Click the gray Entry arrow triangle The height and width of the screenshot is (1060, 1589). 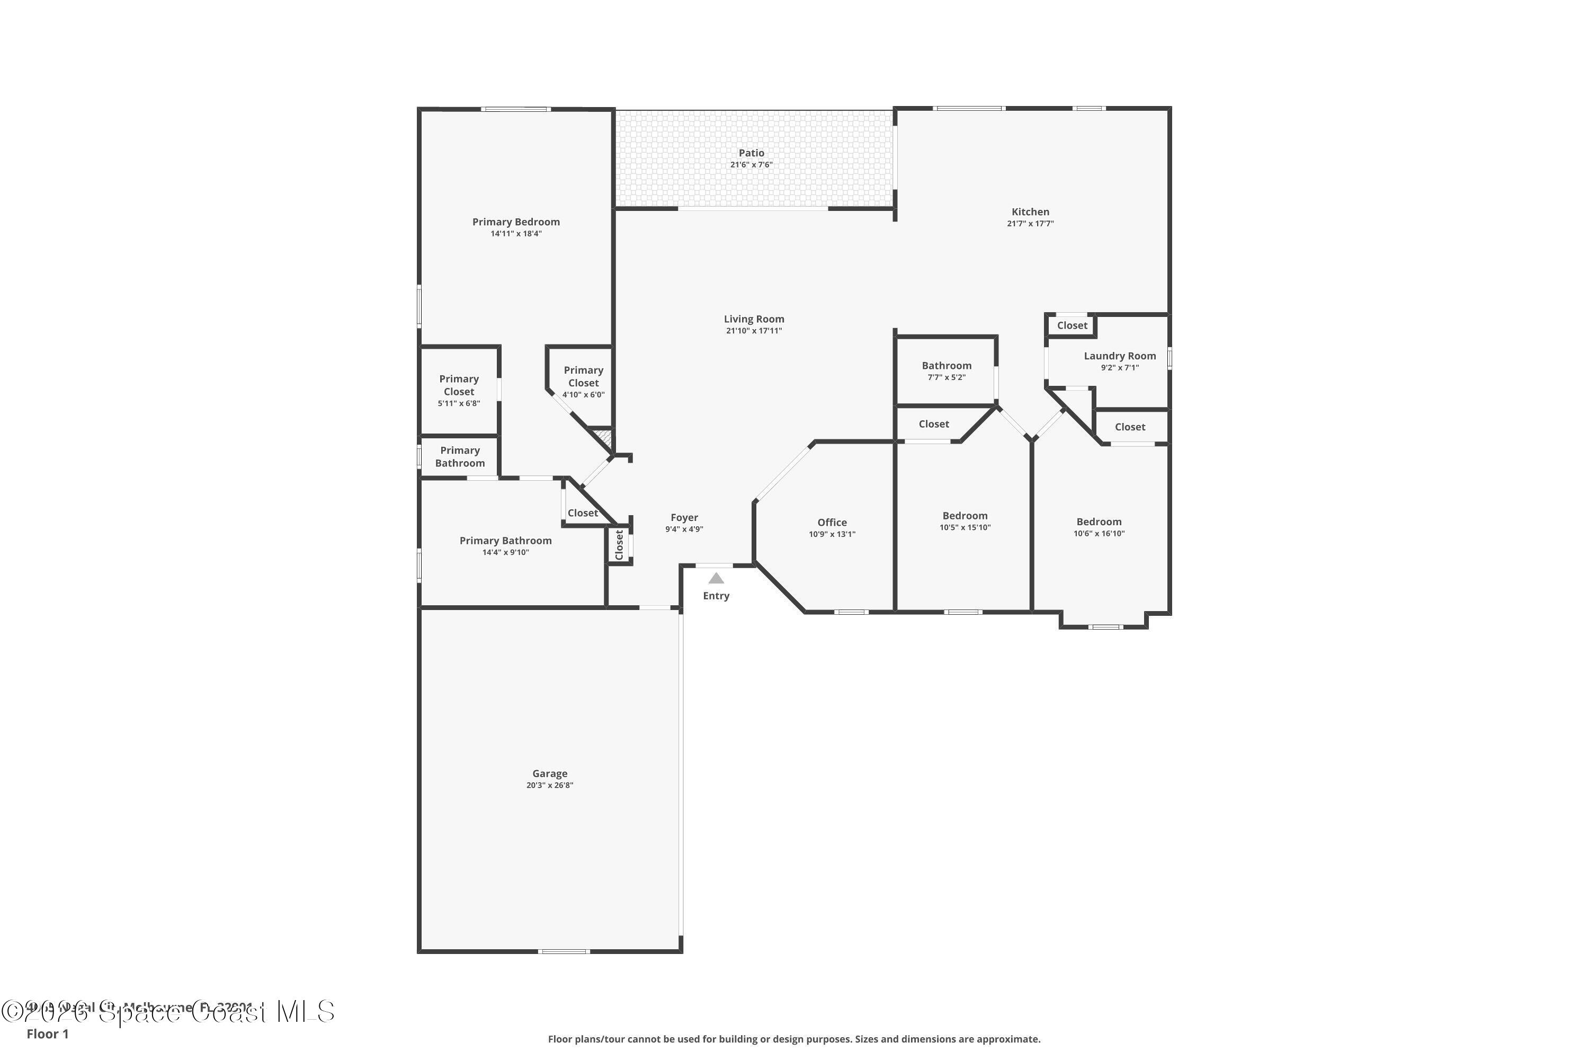(x=716, y=579)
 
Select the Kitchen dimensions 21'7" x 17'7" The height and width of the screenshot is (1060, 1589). (x=1030, y=224)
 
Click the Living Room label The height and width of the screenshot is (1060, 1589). (x=754, y=319)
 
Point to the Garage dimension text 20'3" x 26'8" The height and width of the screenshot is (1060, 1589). (x=549, y=785)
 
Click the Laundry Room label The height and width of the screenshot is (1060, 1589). (x=1120, y=356)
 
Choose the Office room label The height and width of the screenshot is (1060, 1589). (x=832, y=523)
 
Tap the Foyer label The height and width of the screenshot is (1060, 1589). (x=684, y=518)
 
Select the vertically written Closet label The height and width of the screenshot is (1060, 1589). (x=619, y=545)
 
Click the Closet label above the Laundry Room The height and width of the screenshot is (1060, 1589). (x=1072, y=326)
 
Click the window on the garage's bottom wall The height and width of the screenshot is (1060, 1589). (x=564, y=952)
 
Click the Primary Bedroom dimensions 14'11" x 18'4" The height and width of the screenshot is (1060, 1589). (x=515, y=234)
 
